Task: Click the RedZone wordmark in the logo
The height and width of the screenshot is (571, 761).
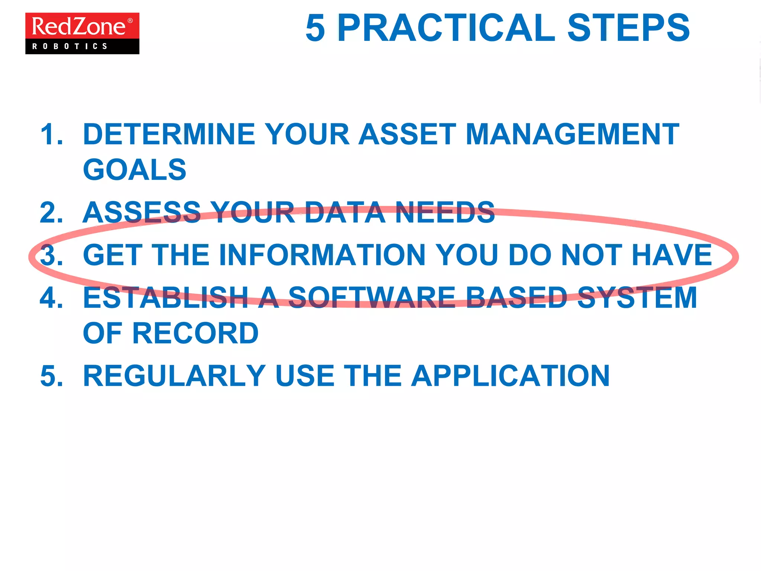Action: click(x=79, y=26)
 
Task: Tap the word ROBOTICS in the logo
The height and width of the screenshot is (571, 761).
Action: click(x=70, y=46)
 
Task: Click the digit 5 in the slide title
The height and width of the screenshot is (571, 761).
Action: click(x=315, y=28)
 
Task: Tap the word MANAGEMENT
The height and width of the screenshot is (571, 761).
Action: click(x=572, y=134)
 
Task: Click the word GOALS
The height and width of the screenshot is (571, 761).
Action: click(x=135, y=170)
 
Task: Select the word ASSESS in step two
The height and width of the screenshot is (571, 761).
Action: click(x=142, y=213)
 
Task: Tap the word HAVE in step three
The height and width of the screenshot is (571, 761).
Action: click(x=672, y=255)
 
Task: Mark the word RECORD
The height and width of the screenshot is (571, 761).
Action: click(x=195, y=333)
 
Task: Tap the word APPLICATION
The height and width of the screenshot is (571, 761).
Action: click(x=511, y=376)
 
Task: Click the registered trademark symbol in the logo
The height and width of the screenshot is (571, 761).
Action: click(x=130, y=21)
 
